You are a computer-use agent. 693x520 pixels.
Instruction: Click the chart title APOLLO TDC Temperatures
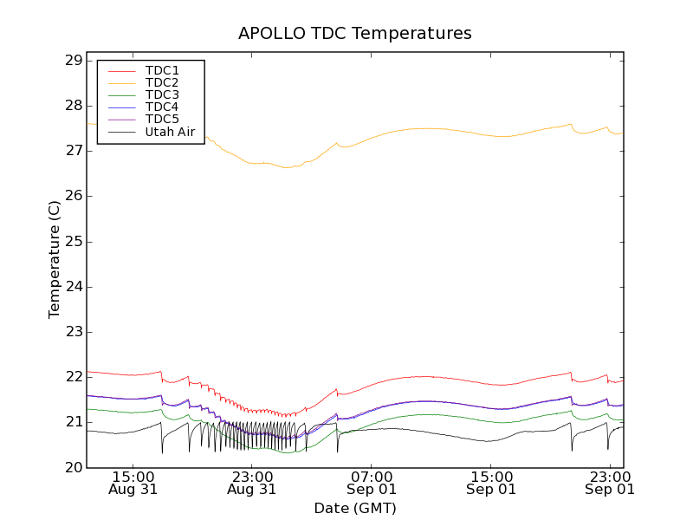[355, 34]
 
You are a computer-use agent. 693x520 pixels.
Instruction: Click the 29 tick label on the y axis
[73, 61]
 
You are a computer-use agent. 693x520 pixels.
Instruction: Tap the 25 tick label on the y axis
[73, 241]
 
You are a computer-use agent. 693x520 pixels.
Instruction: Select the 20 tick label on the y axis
[73, 467]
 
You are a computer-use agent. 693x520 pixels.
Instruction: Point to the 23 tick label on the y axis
[73, 332]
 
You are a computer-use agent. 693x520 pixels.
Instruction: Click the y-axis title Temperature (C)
[55, 259]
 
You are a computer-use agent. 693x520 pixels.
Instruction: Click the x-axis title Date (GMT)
[355, 508]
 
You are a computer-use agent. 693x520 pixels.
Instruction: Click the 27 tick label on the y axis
[73, 151]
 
